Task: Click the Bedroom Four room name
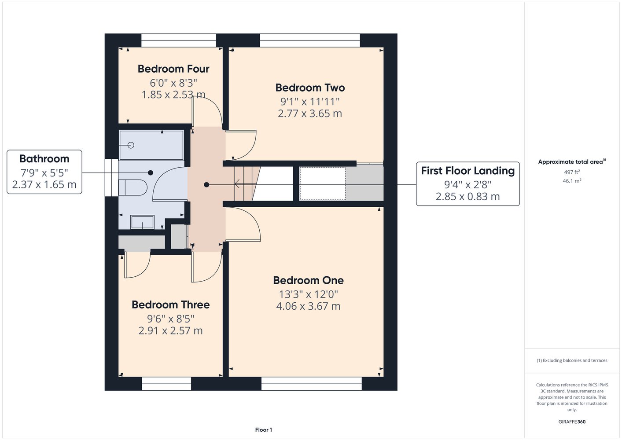coord(173,69)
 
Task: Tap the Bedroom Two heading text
coord(310,88)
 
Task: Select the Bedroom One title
coord(308,280)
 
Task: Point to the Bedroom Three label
coord(170,305)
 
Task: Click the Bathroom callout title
coord(44,159)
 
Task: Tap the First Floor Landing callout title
coord(467,171)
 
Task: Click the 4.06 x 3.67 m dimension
coord(308,306)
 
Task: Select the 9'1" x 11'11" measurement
coord(310,102)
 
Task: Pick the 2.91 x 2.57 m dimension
coord(170,330)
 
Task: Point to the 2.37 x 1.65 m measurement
coord(44,185)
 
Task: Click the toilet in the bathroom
coord(133,187)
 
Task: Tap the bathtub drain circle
coord(131,145)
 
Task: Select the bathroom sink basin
coord(142,222)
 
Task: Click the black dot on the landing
coord(206,185)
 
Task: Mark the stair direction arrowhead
coord(236,184)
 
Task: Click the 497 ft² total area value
coord(572,172)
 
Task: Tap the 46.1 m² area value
coord(572,181)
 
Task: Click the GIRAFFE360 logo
coord(572,422)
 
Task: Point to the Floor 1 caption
coord(264,430)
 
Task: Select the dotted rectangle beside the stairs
coord(323,183)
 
